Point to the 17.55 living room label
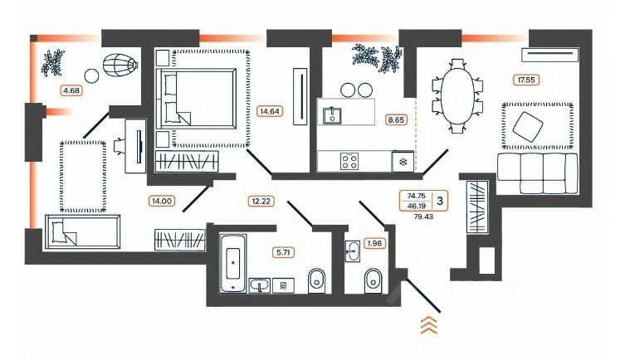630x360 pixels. [525, 80]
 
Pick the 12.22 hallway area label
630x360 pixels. [261, 200]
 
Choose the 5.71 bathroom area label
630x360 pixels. [284, 251]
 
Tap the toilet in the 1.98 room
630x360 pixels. [372, 280]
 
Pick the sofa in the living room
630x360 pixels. [536, 171]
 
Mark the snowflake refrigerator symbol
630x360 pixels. [403, 161]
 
